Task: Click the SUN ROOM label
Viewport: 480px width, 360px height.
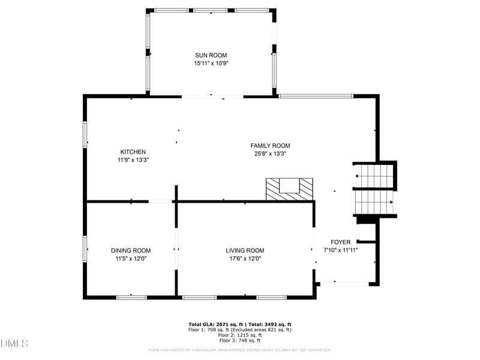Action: coord(211,55)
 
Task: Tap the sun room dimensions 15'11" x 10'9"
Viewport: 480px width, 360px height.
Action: coord(211,63)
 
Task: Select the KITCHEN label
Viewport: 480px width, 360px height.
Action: coord(133,152)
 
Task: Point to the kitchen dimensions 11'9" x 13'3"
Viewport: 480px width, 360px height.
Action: coord(133,160)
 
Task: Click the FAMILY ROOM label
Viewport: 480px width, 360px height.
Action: coord(270,145)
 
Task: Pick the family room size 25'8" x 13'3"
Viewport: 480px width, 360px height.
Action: coord(270,154)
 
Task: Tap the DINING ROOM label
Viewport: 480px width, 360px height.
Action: coord(131,250)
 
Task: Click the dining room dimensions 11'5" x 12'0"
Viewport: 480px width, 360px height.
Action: coord(131,259)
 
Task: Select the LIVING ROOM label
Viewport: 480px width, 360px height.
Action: coord(245,250)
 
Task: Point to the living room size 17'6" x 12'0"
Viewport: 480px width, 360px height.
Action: coord(245,259)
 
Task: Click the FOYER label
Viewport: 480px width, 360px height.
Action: coord(341,242)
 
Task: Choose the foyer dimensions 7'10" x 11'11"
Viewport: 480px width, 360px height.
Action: coord(341,250)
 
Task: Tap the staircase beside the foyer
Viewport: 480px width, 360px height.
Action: coord(374,189)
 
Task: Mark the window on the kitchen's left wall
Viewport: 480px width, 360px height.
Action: coord(85,135)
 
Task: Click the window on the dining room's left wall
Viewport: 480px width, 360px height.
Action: coord(85,250)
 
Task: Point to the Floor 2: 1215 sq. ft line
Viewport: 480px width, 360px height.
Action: coord(240,335)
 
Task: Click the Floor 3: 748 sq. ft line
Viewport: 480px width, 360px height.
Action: coord(240,340)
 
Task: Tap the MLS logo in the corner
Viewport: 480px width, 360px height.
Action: coord(14,344)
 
